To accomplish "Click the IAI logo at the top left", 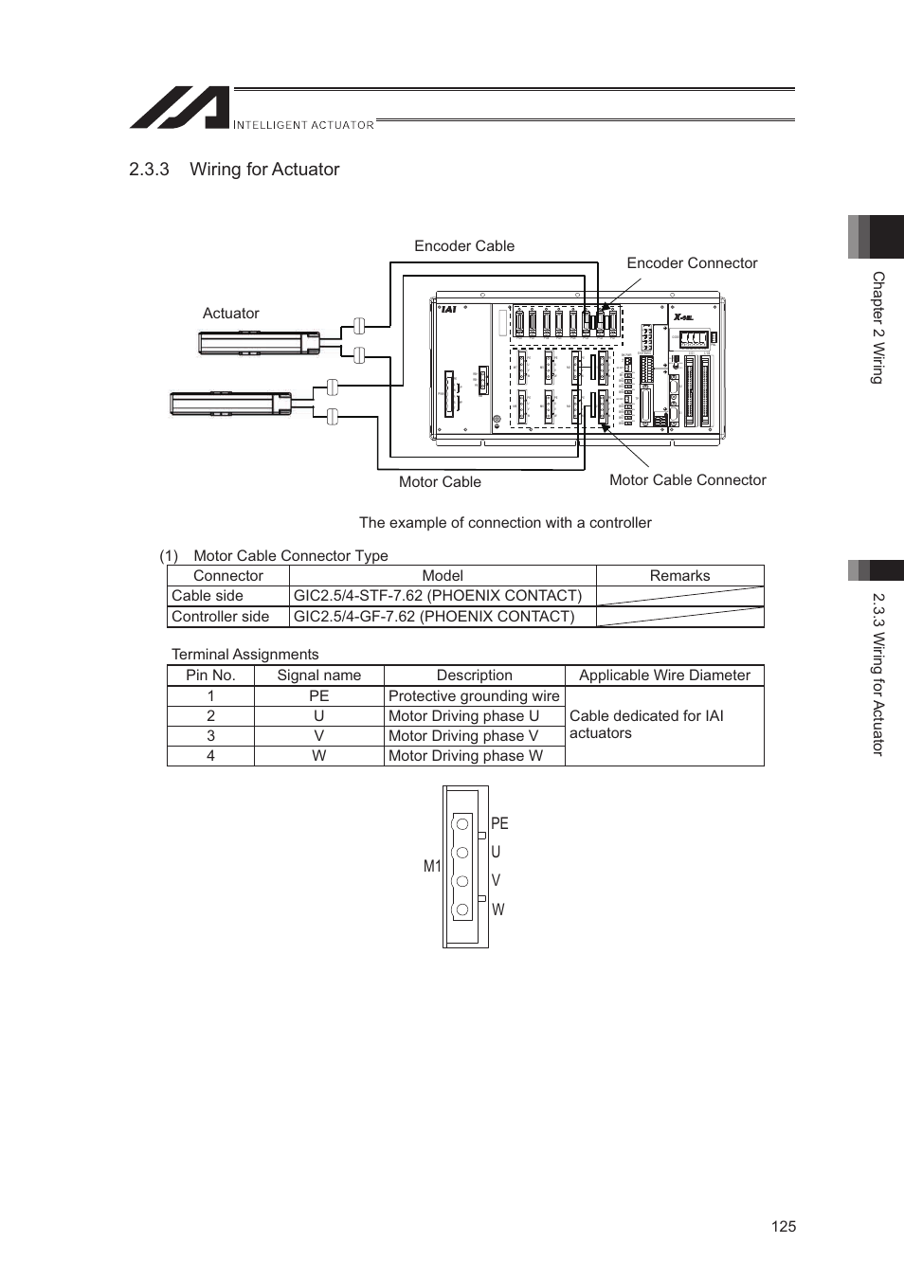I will (180, 108).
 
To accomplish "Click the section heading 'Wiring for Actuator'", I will (263, 170).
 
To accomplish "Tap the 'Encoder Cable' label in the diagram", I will (463, 246).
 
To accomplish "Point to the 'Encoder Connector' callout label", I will (692, 263).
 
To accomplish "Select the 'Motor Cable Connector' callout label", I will (687, 480).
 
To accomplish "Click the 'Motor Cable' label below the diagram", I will (440, 482).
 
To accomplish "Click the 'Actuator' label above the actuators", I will (230, 314).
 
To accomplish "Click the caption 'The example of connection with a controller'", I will (505, 523).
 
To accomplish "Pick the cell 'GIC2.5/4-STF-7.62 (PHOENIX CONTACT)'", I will (437, 596).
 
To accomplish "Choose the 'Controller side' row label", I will (220, 617).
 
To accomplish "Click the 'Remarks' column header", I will (679, 576).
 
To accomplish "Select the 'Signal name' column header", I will (318, 676).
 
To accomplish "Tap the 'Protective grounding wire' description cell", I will (474, 696).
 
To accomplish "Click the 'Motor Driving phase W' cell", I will (465, 756).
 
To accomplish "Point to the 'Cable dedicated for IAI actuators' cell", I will (646, 725).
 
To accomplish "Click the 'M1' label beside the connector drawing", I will (432, 866).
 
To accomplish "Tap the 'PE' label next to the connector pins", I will (499, 824).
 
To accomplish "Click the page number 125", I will (783, 1227).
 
